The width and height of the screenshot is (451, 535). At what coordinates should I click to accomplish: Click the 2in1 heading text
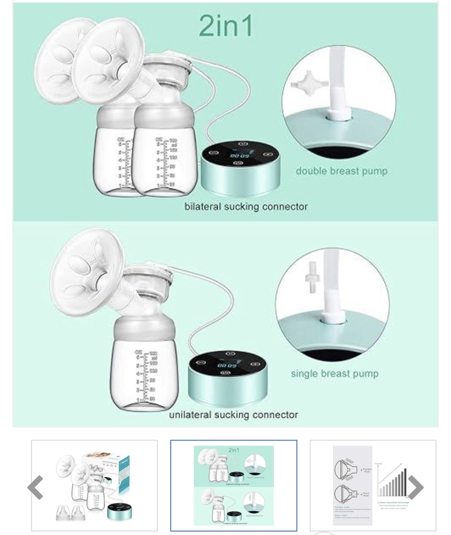click(226, 26)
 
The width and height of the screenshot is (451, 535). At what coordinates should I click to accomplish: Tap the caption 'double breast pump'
click(341, 171)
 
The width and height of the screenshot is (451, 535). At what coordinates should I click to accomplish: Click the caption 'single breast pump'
click(334, 373)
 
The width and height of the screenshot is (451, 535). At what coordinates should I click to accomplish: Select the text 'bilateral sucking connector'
click(246, 207)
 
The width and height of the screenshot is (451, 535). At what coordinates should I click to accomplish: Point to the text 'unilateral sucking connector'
click(234, 415)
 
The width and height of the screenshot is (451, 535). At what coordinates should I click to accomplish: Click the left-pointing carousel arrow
click(35, 487)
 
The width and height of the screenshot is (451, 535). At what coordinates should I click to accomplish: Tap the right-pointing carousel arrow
click(416, 487)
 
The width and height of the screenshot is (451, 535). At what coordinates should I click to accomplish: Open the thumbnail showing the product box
click(94, 485)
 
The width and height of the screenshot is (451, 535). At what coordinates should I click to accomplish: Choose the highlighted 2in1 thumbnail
click(234, 485)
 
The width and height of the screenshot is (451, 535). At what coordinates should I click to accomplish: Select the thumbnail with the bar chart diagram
click(373, 485)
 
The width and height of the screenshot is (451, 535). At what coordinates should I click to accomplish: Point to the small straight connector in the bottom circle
click(311, 277)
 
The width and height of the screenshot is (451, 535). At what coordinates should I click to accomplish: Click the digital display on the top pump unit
click(240, 155)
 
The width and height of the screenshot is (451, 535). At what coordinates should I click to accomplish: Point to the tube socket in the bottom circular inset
click(333, 319)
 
